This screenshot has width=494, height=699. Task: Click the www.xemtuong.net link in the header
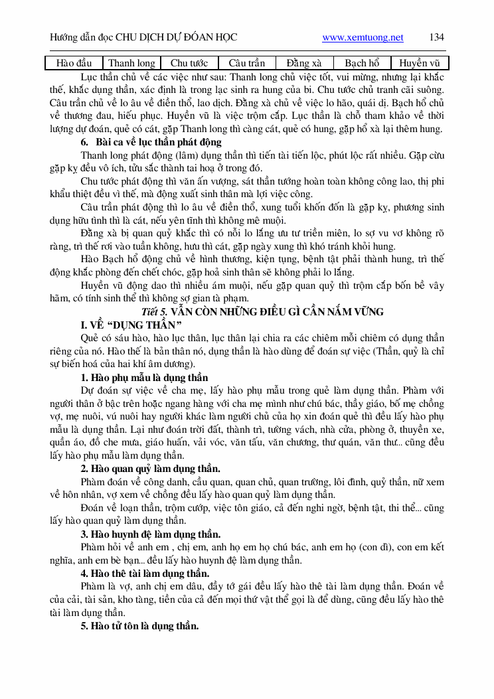[363, 38]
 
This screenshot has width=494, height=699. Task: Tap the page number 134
[437, 37]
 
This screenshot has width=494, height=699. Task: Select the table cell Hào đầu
[74, 64]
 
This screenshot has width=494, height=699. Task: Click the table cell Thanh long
[132, 64]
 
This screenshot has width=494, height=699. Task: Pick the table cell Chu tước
[189, 64]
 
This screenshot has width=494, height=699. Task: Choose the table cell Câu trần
[246, 64]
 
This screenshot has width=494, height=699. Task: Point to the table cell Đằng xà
[304, 64]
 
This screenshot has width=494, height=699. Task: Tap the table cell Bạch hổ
[362, 64]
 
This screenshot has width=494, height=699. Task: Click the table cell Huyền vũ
[420, 64]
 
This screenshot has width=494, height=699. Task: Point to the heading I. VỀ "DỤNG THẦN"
[131, 325]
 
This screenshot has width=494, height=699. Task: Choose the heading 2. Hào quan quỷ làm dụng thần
[151, 469]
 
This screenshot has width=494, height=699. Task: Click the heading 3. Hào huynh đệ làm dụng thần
[151, 534]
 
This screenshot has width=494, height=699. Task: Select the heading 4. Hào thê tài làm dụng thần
[145, 574]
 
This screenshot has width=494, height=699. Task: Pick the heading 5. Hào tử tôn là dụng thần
[140, 626]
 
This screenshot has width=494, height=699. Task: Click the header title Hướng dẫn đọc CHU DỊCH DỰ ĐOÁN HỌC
[143, 38]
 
